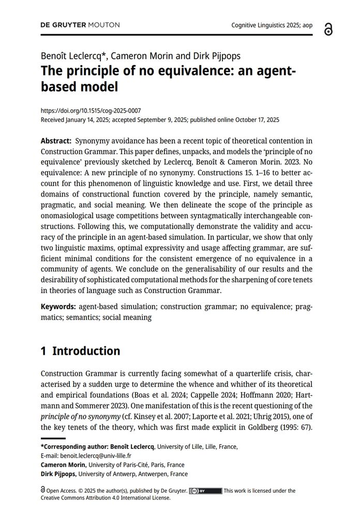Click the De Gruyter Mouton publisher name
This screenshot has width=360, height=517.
tap(80, 25)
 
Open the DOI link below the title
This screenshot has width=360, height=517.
tap(91, 111)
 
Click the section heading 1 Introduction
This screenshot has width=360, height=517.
tap(80, 351)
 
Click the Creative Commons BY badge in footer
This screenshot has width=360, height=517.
tap(205, 491)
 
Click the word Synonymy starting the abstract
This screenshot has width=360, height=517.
tap(95, 141)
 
